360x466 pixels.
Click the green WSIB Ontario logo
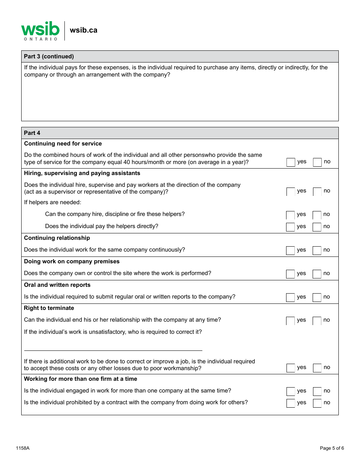(x=40, y=31)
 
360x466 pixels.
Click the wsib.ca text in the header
(x=83, y=30)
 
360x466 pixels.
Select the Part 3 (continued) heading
(x=49, y=56)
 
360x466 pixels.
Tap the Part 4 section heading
(x=32, y=133)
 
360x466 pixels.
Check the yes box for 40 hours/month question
(x=291, y=162)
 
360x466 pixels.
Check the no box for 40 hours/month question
(x=317, y=162)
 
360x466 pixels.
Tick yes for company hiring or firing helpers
(x=290, y=215)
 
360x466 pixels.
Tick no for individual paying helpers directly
(x=317, y=227)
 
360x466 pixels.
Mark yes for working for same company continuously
(x=290, y=250)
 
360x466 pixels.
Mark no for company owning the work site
(x=317, y=274)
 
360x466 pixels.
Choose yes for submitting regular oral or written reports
(x=290, y=297)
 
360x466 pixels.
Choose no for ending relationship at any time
(x=317, y=321)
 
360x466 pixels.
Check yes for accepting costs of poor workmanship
(x=291, y=368)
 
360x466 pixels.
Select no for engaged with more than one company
(x=317, y=391)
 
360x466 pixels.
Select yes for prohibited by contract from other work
(x=291, y=403)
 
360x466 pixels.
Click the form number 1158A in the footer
(x=23, y=448)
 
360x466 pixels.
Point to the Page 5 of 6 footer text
(x=332, y=448)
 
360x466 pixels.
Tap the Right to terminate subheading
(x=49, y=308)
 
